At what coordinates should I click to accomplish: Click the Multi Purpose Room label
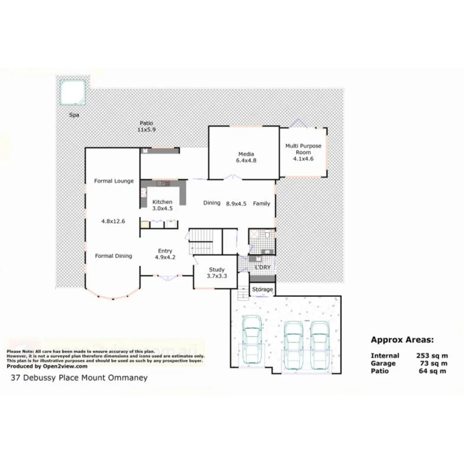point(303,152)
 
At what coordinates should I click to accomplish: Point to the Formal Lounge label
point(114,181)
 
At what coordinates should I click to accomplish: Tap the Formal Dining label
point(113,256)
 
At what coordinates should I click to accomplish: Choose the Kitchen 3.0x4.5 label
point(162,205)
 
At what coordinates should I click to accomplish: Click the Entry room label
point(165,254)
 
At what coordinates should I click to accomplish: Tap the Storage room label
point(262,290)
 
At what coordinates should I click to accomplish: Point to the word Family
point(261,203)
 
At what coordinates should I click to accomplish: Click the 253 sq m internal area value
point(432,355)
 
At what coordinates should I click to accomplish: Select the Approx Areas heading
point(402,340)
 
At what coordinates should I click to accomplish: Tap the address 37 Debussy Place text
point(79,378)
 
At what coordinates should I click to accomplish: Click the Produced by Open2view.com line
point(47,366)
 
